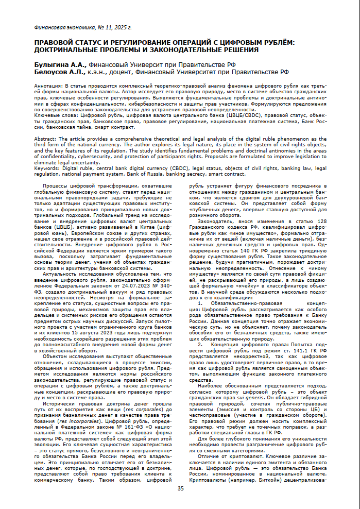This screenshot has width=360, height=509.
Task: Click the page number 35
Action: click(x=180, y=488)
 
